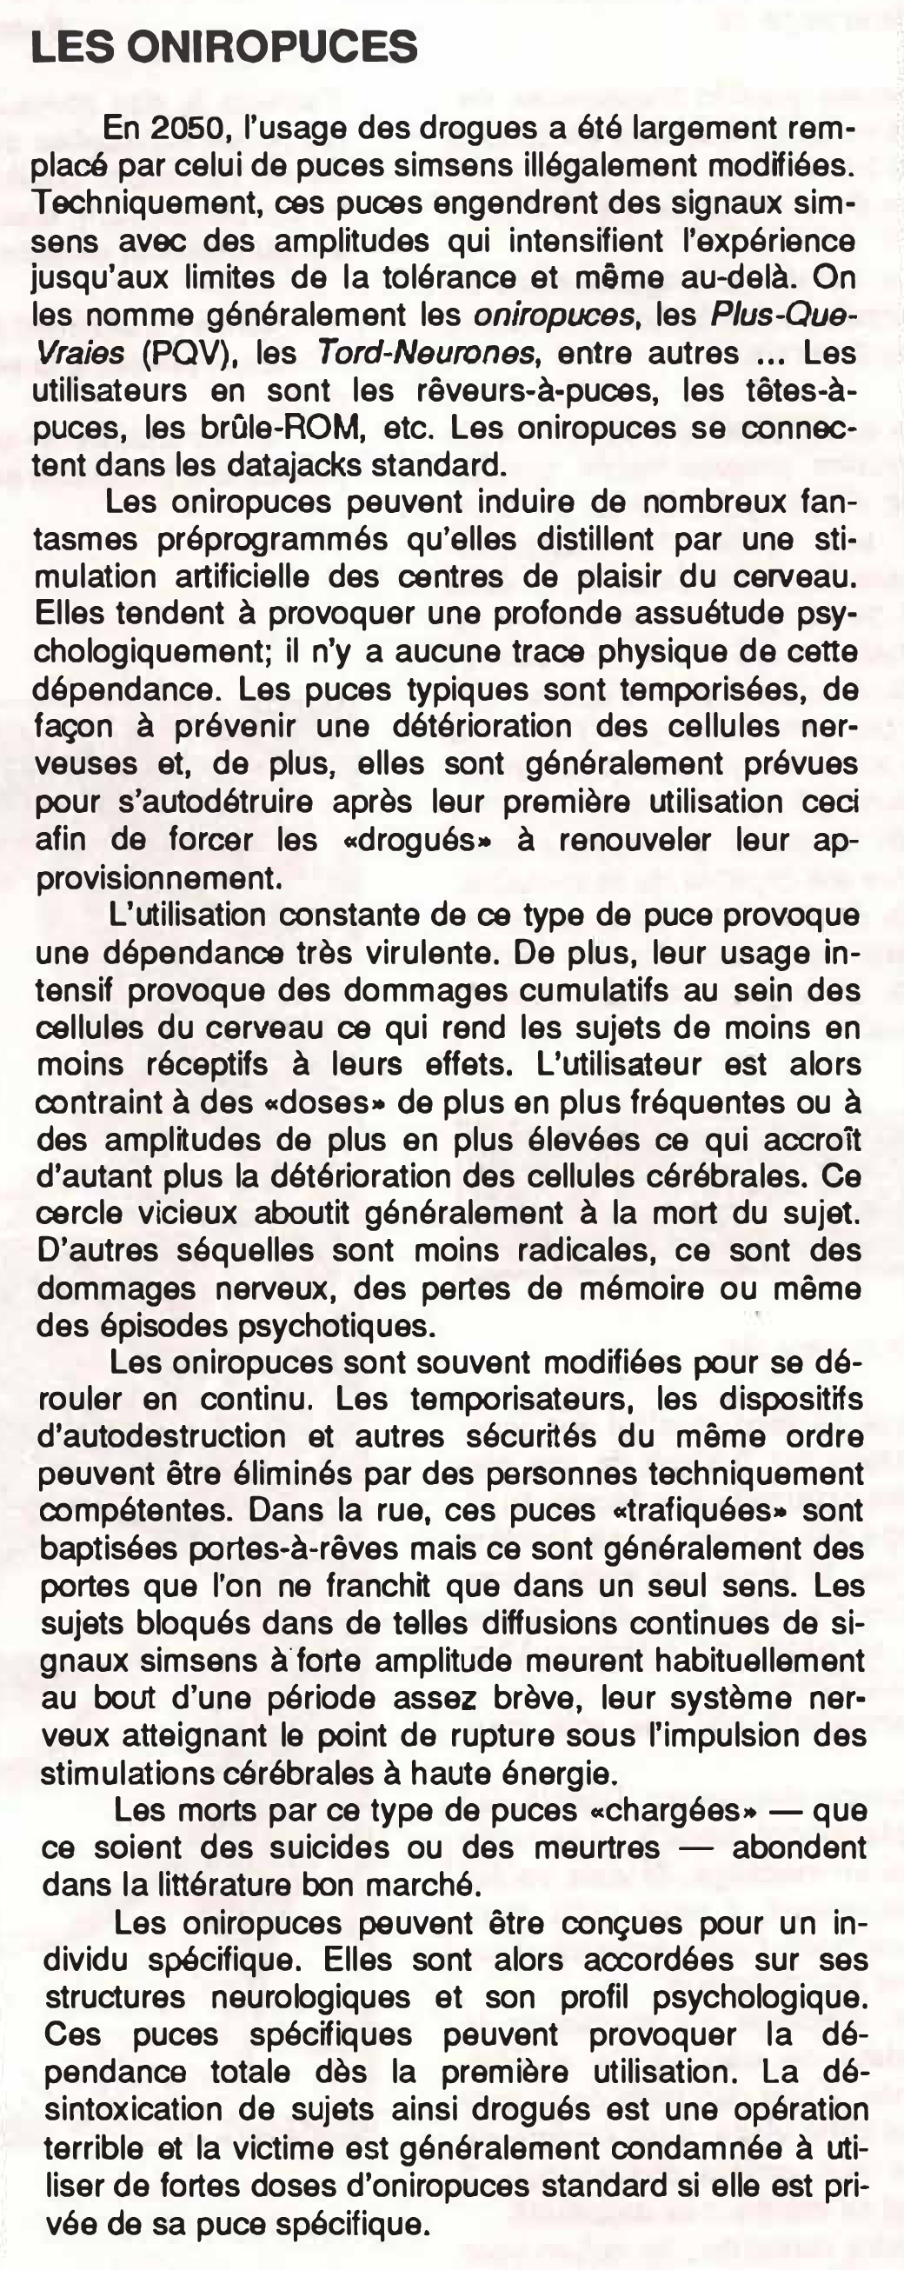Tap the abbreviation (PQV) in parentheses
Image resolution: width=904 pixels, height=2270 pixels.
[x=191, y=353]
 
